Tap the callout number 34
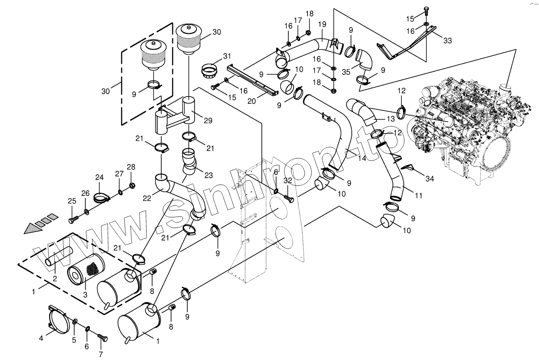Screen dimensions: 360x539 point(430,179)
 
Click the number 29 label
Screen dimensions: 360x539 point(208,120)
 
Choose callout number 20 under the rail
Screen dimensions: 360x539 point(252,101)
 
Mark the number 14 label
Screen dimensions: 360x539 point(362,158)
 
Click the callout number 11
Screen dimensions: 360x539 point(419,196)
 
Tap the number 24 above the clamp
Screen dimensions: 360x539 point(99,177)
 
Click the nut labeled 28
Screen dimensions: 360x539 point(131,185)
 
